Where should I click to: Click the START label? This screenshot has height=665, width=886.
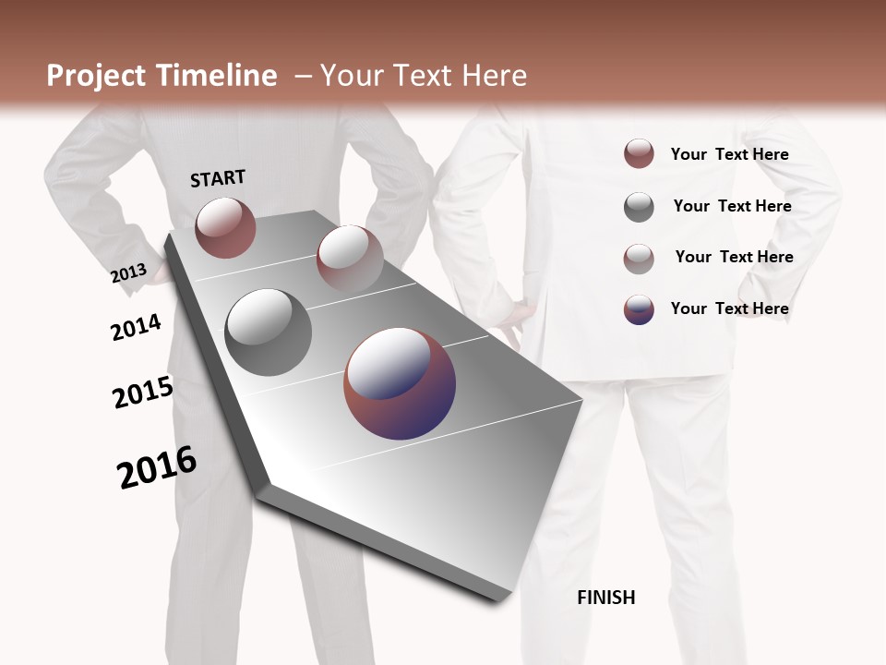tap(218, 178)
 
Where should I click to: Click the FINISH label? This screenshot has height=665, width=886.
tap(606, 598)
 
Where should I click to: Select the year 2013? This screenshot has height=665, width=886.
tap(129, 272)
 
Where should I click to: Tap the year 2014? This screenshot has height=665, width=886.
tap(137, 327)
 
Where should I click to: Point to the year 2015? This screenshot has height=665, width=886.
tap(143, 393)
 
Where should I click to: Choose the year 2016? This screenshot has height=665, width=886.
tap(157, 466)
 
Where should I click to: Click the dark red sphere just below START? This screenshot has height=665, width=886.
tap(225, 227)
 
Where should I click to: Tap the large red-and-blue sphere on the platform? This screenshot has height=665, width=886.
tap(400, 383)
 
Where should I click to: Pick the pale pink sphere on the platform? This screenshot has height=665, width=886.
tap(350, 258)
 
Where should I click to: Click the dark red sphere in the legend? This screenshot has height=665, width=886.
tap(639, 154)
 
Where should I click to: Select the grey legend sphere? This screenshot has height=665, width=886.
tap(639, 207)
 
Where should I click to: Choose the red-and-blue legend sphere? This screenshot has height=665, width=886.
tap(639, 309)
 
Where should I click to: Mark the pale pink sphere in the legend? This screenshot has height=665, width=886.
tap(639, 259)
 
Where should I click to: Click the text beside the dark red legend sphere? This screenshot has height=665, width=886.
tap(729, 154)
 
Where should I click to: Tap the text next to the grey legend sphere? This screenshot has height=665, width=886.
tap(732, 206)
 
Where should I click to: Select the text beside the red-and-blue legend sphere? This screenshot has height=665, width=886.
tap(729, 308)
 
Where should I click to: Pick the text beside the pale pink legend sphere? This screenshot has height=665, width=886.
tap(734, 257)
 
